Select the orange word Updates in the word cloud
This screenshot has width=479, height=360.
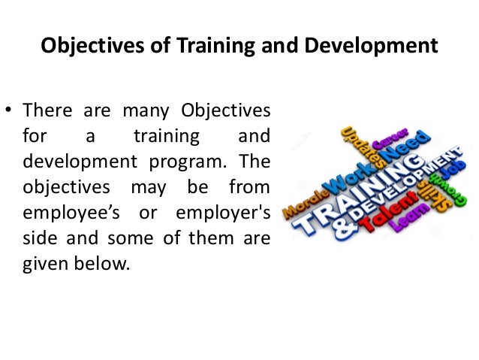(x=356, y=147)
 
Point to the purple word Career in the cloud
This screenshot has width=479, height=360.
(x=390, y=141)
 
